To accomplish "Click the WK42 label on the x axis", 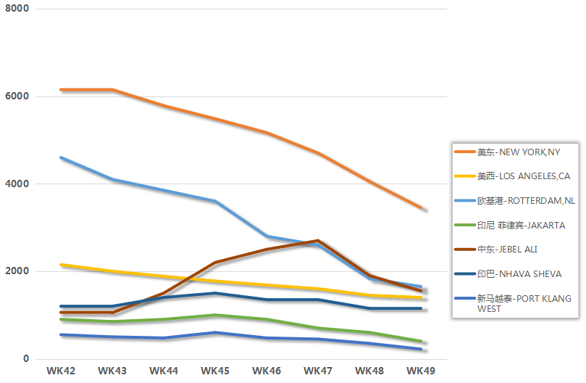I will click(61, 371).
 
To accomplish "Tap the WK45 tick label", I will click(215, 371).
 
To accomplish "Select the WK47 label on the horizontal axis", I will click(318, 371).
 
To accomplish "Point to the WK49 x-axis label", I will click(421, 371).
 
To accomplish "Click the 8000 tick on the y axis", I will click(16, 9).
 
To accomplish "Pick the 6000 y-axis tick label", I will click(16, 96).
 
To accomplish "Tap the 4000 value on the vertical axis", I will click(16, 184).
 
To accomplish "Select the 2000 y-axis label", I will click(16, 272).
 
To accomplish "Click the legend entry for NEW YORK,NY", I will click(518, 152).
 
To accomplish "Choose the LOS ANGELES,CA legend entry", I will click(523, 176).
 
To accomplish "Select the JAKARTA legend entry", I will click(521, 226).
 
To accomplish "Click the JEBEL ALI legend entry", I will click(507, 250).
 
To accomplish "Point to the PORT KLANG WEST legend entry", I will click(524, 303).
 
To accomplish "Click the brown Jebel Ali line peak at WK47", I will click(318, 240).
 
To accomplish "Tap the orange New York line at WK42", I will click(61, 89).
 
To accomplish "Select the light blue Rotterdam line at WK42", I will click(61, 157).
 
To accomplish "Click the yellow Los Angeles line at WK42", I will click(61, 265).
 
